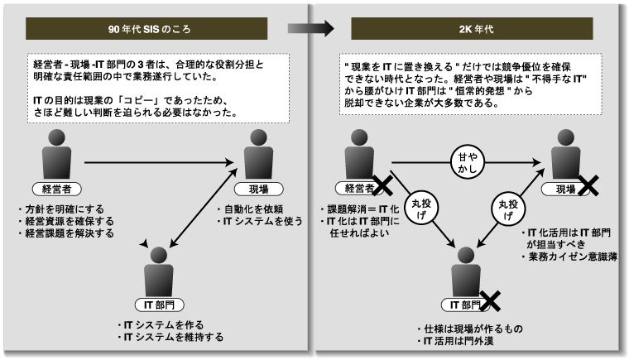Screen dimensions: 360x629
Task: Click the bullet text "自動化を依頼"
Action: click(251, 209)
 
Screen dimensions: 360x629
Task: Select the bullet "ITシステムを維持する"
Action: click(172, 337)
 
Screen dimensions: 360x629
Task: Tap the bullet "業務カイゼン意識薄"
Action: click(572, 258)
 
